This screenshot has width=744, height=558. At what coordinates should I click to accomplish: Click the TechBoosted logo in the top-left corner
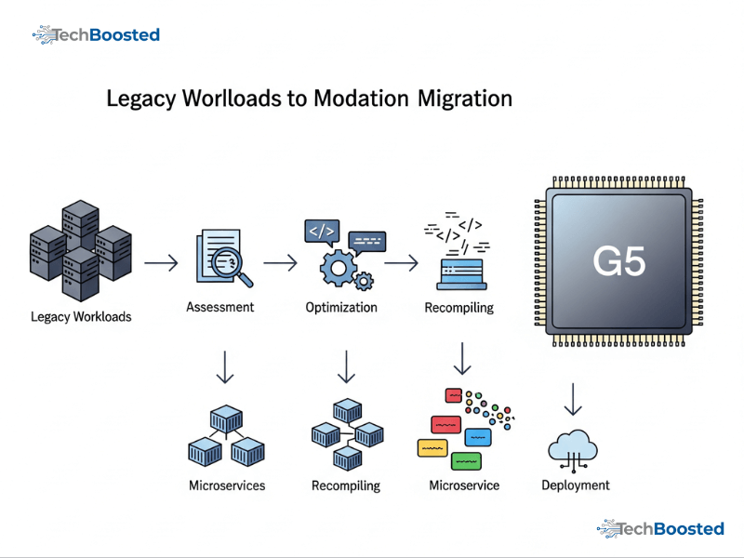tap(97, 35)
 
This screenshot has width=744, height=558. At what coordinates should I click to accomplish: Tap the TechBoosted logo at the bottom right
tap(660, 528)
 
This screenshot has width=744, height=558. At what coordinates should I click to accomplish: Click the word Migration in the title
tap(465, 98)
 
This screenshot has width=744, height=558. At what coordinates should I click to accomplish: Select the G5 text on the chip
tap(619, 261)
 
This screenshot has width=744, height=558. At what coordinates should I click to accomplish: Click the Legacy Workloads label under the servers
tap(81, 316)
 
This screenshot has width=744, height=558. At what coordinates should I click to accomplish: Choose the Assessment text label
tap(220, 307)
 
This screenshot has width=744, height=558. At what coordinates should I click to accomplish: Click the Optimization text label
tap(341, 307)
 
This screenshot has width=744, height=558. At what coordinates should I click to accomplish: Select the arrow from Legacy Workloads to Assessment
tap(161, 263)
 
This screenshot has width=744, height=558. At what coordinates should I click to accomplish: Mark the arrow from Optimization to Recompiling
tap(401, 263)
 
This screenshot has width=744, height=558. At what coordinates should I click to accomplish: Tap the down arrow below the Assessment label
tap(224, 366)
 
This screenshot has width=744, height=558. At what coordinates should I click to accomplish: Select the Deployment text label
tap(576, 485)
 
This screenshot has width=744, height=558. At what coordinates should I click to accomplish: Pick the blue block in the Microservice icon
tap(478, 436)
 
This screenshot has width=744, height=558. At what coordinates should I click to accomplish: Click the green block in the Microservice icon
tap(465, 460)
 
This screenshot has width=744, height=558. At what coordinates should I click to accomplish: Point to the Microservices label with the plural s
tap(227, 485)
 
